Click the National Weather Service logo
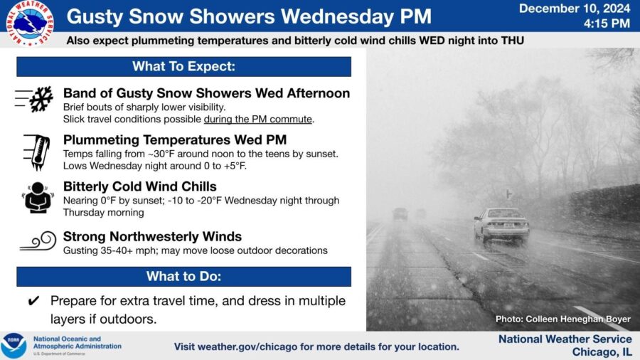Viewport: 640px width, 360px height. [x=30, y=22]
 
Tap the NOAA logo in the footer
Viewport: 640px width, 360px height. [x=14, y=346]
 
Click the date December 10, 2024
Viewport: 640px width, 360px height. [x=575, y=9]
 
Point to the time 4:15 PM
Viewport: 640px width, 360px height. [x=607, y=23]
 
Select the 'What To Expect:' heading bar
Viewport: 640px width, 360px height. [x=183, y=67]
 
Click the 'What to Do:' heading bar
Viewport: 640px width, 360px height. [x=183, y=276]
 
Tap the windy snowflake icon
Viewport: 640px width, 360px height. [x=34, y=99]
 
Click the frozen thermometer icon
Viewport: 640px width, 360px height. [x=37, y=152]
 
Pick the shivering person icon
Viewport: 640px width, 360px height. [x=38, y=198]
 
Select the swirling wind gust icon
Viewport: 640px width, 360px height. [x=38, y=240]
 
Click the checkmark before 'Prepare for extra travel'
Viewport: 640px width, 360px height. [x=33, y=301]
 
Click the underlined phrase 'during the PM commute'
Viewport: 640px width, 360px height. [x=258, y=120]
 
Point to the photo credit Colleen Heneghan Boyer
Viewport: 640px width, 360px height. [x=563, y=319]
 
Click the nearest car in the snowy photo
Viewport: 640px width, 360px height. [x=501, y=225]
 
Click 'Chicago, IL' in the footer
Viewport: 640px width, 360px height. [x=602, y=352]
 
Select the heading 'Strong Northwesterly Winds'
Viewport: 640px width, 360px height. [x=152, y=236]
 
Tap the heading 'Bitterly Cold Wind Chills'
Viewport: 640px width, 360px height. [x=139, y=186]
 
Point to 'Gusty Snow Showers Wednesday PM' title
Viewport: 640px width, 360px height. [x=249, y=16]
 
